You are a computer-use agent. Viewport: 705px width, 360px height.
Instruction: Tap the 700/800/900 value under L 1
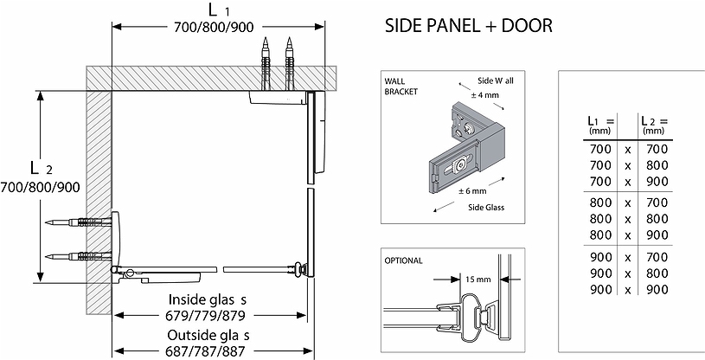212,27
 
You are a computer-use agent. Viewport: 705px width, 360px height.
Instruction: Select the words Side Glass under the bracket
486,208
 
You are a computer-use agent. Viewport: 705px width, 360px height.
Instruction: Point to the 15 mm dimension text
477,280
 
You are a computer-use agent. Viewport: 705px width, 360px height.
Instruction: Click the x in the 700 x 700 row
628,150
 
